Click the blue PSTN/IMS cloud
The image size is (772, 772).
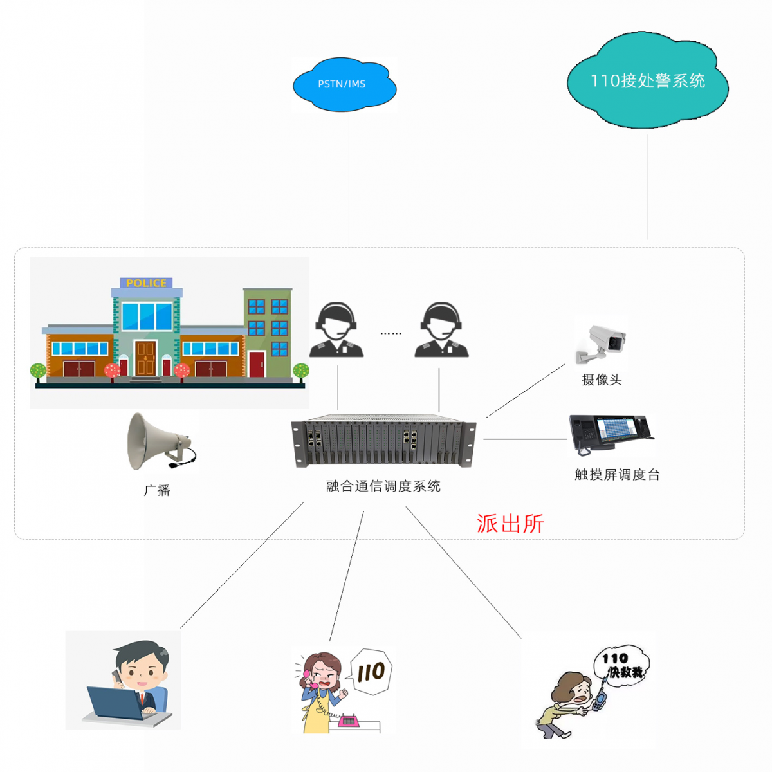pos(344,84)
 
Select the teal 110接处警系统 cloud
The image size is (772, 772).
pos(647,81)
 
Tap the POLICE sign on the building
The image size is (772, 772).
pos(146,283)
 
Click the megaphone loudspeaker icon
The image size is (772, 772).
pos(158,441)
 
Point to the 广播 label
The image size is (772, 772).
pos(157,490)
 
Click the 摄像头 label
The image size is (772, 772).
pos(602,380)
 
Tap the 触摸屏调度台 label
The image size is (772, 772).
pos(617,475)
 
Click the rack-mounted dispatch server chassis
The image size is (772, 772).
pos(383,441)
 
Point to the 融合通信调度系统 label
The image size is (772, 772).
pos(383,486)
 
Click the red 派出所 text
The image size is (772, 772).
pos(510,524)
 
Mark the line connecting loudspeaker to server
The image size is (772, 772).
pos(244,445)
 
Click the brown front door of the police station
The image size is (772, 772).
pos(145,358)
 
